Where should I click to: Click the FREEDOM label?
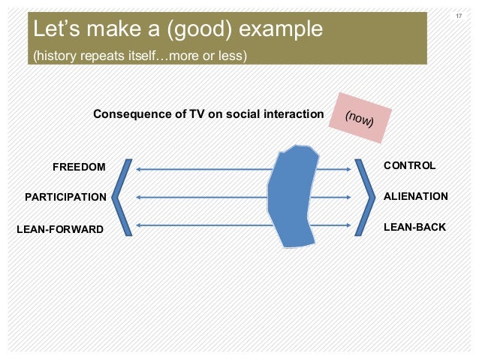coord(79,166)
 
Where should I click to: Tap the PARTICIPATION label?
coord(66,197)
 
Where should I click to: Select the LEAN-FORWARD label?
coord(60,228)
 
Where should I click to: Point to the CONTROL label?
coord(409,165)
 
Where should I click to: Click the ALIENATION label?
coord(415,196)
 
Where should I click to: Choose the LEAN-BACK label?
coord(414,227)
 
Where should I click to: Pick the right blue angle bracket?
coord(366,198)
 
